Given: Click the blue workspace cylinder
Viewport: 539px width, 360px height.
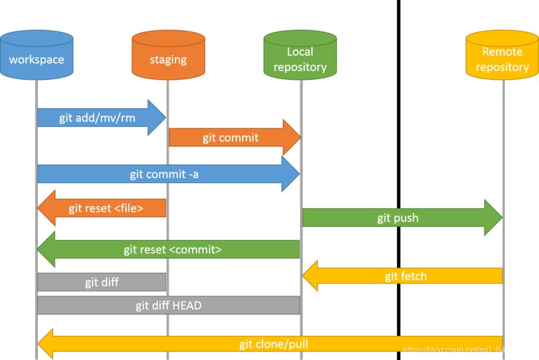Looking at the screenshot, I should (36, 55).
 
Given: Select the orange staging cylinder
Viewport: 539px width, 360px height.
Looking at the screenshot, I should (168, 55).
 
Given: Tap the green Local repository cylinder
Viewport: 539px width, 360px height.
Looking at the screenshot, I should (300, 55).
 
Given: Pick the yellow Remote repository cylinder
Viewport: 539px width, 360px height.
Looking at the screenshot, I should (502, 55).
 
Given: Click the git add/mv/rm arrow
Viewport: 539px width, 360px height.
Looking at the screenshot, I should (97, 117).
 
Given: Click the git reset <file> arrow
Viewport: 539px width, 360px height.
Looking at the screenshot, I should (105, 208).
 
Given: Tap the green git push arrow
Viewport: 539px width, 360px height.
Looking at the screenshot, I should (398, 218).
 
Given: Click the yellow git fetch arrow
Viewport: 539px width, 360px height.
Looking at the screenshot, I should (406, 276).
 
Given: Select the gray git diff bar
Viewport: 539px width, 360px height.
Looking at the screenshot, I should (102, 283).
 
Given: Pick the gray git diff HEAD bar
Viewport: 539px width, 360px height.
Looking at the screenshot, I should (168, 305).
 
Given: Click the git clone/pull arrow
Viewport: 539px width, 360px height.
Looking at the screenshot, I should (274, 345).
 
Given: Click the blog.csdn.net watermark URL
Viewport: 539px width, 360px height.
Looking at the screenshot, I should (453, 349).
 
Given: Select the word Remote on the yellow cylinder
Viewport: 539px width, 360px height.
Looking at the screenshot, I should (502, 52).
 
